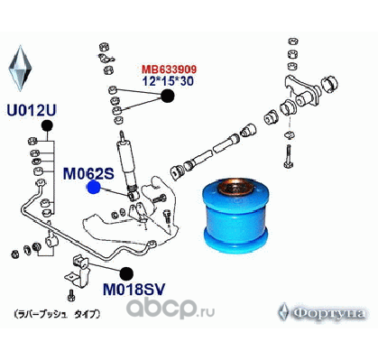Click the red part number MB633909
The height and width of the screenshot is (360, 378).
click(x=168, y=68)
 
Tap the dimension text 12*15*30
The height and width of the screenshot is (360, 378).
click(x=168, y=80)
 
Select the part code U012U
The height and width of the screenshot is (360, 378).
click(x=31, y=111)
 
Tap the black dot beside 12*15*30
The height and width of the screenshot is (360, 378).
click(x=168, y=97)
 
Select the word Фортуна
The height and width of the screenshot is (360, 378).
click(x=329, y=312)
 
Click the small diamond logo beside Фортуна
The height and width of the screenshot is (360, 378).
click(x=286, y=311)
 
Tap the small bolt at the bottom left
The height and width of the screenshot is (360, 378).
click(x=69, y=294)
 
